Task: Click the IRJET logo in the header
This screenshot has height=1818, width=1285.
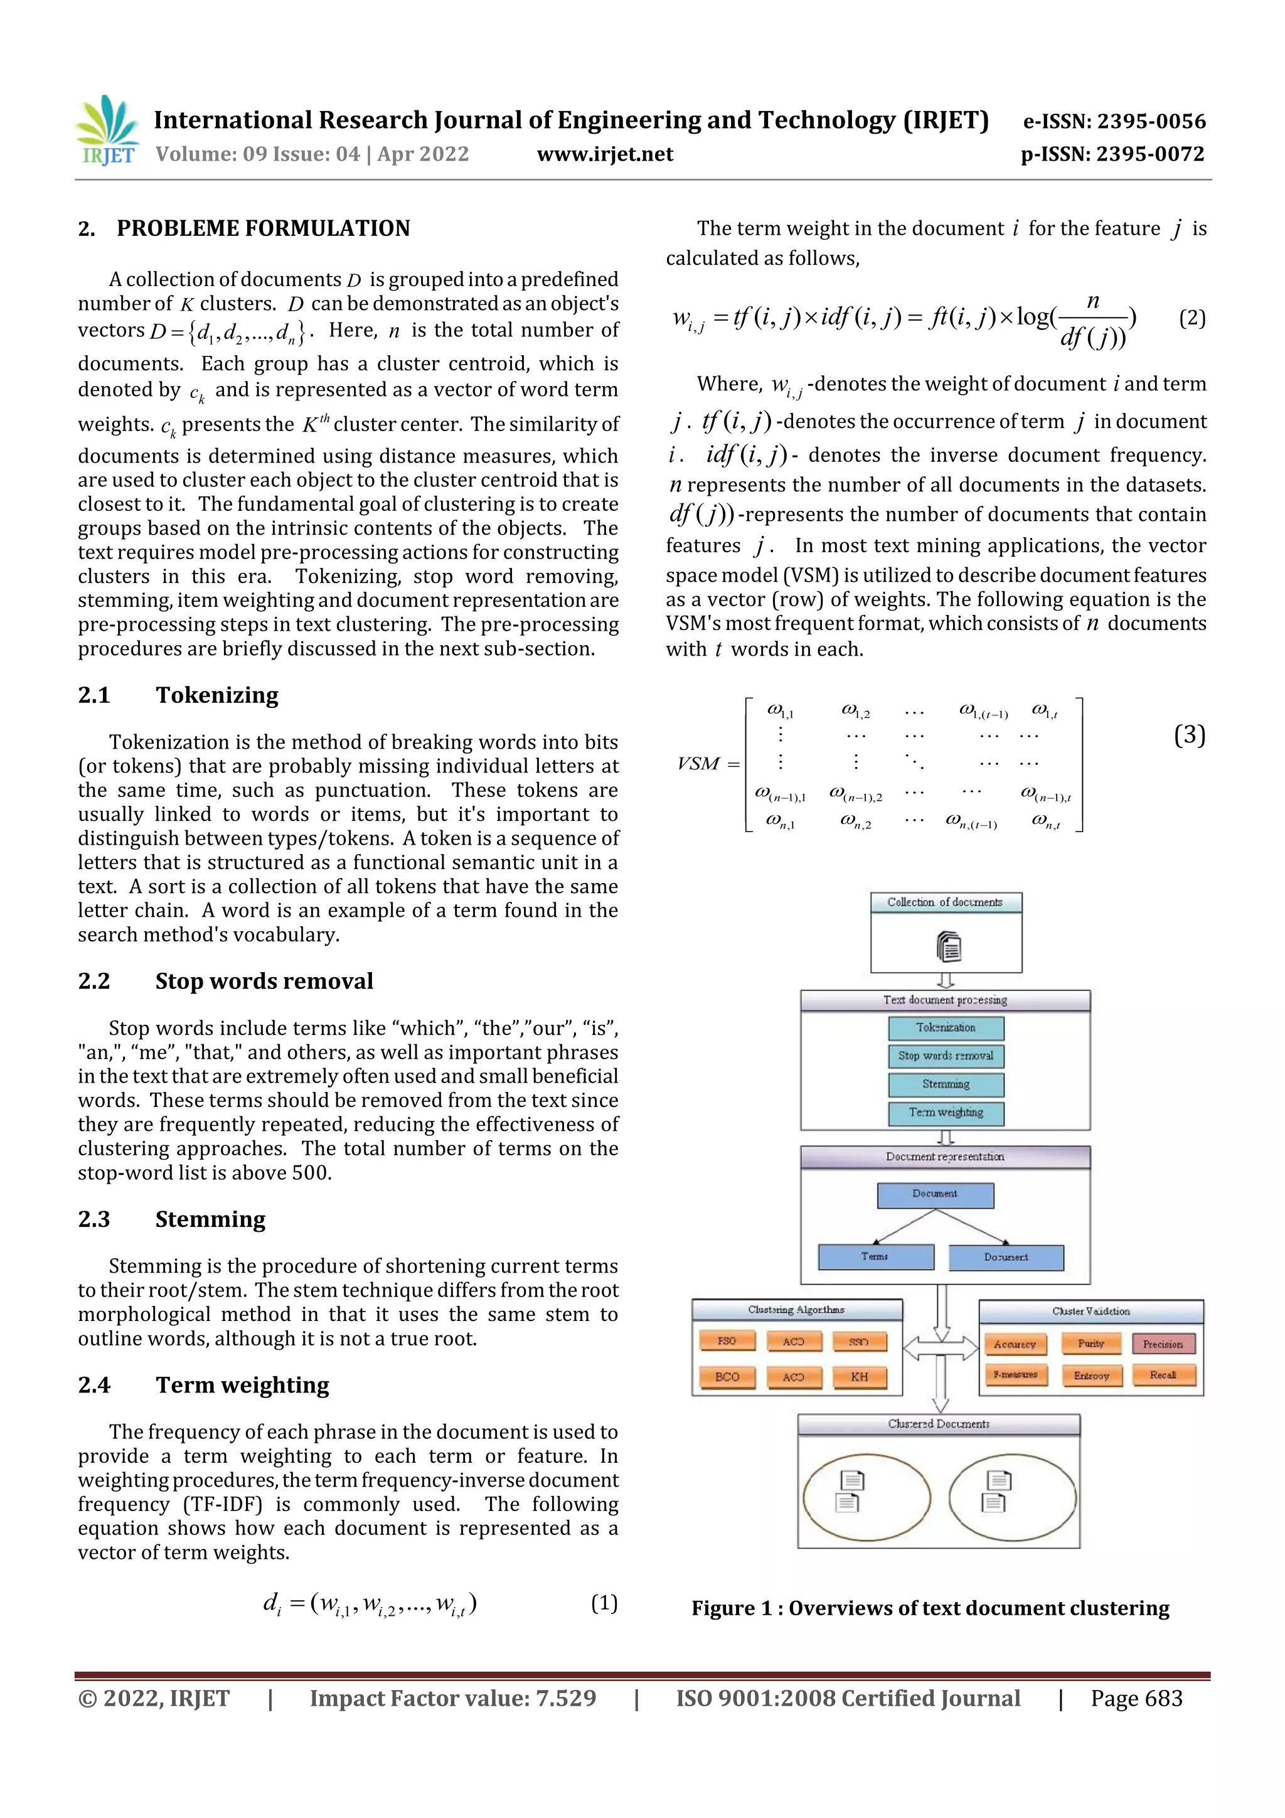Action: [108, 130]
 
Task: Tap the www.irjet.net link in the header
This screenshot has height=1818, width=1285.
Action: [605, 154]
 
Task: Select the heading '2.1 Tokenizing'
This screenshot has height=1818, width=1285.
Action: [178, 695]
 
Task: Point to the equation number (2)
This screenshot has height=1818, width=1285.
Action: [1192, 318]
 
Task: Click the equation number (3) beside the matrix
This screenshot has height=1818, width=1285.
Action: [1189, 735]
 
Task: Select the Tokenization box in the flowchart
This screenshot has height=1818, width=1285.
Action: [946, 1028]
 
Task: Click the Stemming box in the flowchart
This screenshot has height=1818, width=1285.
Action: [946, 1084]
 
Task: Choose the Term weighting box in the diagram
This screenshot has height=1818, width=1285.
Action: [946, 1113]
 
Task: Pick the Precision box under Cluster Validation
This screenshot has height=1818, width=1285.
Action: [1162, 1344]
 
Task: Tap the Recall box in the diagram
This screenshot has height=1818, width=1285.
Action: [1162, 1376]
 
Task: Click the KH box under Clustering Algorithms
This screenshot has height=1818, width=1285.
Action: [859, 1377]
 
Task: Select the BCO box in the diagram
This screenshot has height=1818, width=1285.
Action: [727, 1377]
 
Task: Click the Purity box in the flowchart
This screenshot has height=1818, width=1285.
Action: [1091, 1344]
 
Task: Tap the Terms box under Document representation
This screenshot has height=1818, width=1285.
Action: [875, 1256]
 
